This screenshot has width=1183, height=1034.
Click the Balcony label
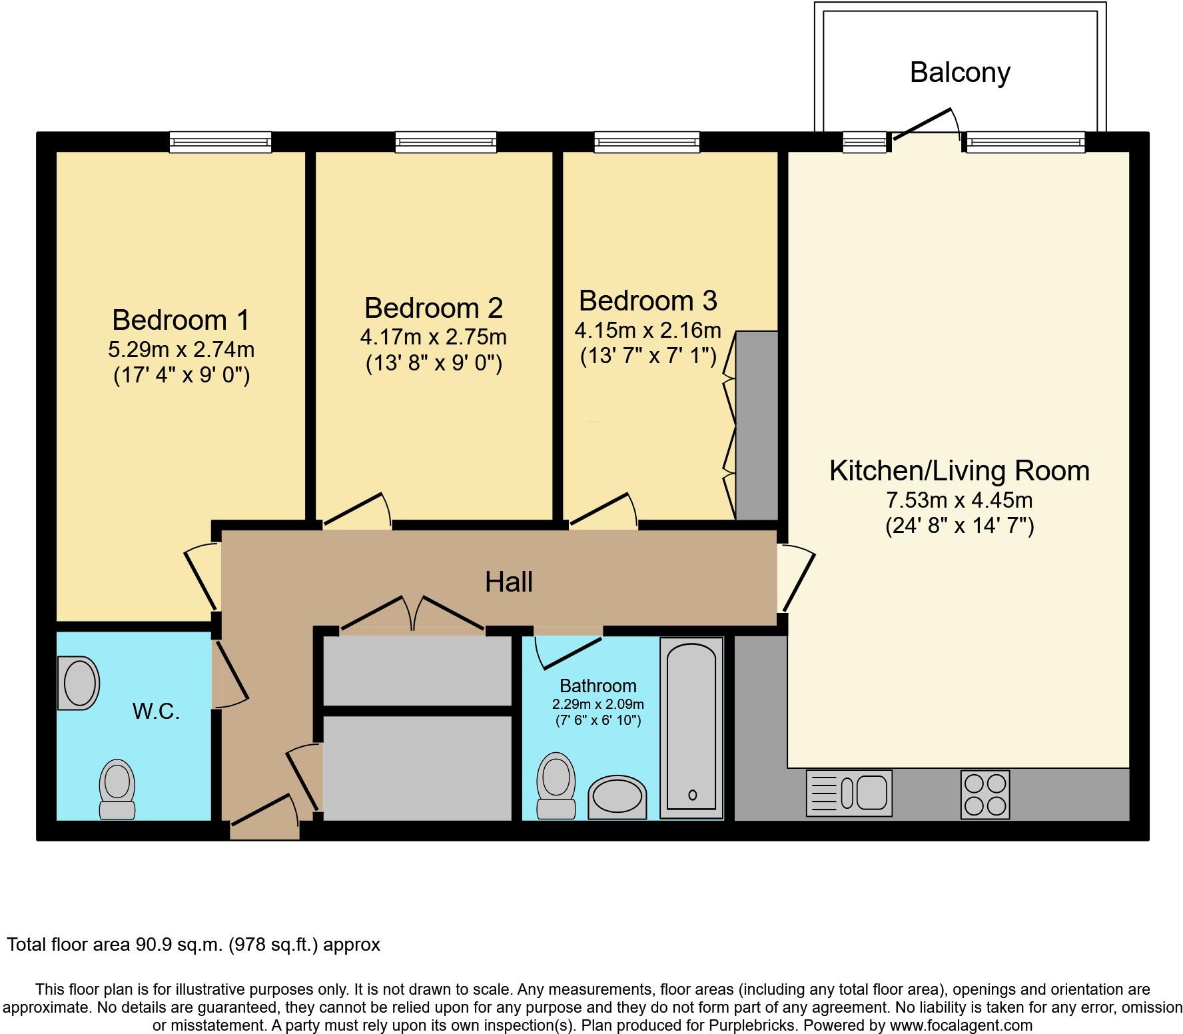(x=960, y=73)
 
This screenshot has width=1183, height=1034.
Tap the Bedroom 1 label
(x=181, y=320)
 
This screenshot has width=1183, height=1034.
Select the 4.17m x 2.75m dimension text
(x=434, y=337)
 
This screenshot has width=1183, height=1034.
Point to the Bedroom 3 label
(x=648, y=300)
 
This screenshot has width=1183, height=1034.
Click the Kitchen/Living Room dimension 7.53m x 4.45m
(x=959, y=500)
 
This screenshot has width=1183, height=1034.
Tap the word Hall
(x=509, y=582)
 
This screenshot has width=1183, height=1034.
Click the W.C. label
(x=156, y=712)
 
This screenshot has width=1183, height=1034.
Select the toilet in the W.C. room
(x=117, y=789)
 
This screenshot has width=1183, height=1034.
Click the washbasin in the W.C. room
(x=79, y=683)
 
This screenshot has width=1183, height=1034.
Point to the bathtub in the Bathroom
(x=691, y=728)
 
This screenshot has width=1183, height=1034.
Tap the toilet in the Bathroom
(x=556, y=786)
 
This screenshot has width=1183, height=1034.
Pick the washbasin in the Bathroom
(x=617, y=797)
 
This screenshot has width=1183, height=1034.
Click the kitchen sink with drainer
(x=849, y=793)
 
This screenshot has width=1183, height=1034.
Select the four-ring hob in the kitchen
(x=985, y=794)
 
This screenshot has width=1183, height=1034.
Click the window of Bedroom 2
(x=446, y=142)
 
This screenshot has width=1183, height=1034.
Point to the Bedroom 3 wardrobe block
(x=757, y=425)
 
